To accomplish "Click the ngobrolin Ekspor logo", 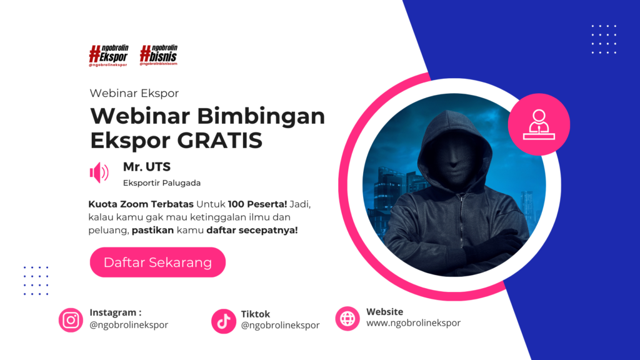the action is coord(109,56).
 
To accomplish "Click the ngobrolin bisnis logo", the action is coord(159,55).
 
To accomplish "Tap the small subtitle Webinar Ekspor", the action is coord(134,94).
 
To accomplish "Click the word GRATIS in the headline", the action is coord(219,141).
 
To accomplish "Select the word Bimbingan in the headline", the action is coord(261,117).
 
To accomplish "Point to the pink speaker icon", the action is coord(99,172).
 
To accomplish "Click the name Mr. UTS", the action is coord(147,167).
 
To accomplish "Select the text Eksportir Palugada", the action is coord(162,183).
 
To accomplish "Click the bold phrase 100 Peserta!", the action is coord(257,204).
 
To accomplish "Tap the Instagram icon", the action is coord(71,320).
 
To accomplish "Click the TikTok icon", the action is coord(224,321).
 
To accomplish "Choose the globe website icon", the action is coord(347,318).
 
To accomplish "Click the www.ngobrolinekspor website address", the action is coord(414,323).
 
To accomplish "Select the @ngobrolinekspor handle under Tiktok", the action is coord(280,325).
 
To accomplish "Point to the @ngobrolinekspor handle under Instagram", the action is coord(129,325).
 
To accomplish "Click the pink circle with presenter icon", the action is coord(539,124).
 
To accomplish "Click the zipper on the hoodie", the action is coord(461,216).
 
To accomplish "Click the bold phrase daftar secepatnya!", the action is coord(252,230).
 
